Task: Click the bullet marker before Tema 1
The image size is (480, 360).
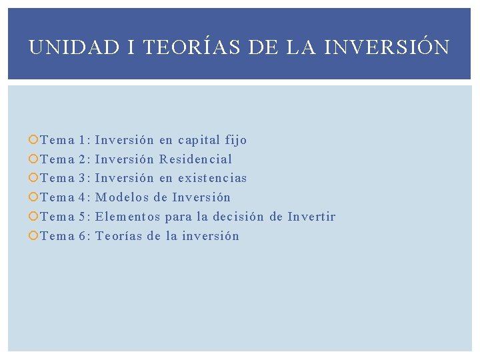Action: [x=34, y=140]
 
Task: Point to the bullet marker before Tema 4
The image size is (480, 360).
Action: [x=34, y=197]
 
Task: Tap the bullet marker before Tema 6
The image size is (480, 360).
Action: [x=34, y=236]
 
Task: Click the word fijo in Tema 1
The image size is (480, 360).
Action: [x=236, y=140]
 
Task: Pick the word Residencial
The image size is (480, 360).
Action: [x=196, y=159]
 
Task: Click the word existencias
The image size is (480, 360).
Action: [x=213, y=178]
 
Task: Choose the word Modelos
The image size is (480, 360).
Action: [x=122, y=197]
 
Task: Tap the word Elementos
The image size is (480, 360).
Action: [x=128, y=217]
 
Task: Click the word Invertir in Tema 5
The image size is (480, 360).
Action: [x=311, y=217]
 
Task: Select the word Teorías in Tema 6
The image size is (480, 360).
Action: [x=119, y=236]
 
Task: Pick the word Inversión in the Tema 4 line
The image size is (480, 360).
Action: [x=201, y=197]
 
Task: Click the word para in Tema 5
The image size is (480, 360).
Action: [x=178, y=217]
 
